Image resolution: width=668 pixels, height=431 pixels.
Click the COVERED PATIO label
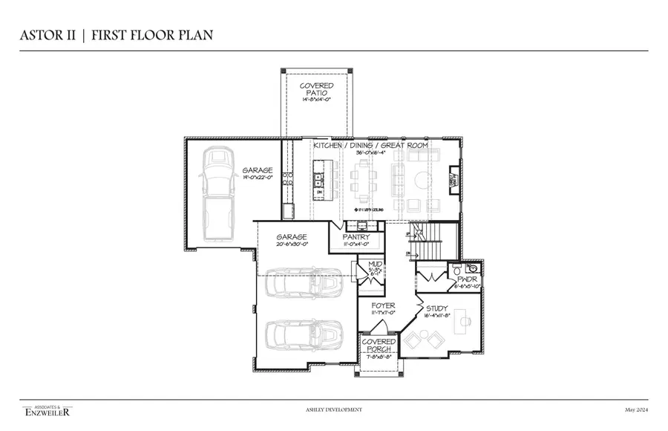click(316, 90)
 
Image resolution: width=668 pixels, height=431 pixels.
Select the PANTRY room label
click(356, 238)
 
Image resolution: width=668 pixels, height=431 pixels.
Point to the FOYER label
click(383, 305)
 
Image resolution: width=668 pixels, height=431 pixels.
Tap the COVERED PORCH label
click(379, 346)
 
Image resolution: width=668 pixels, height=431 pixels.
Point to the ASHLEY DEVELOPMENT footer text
click(334, 409)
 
